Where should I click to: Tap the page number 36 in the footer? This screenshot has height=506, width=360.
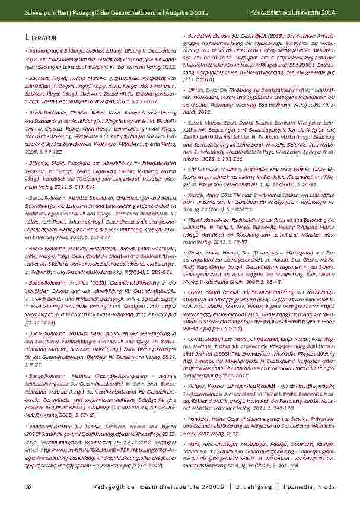pos(28,487)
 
